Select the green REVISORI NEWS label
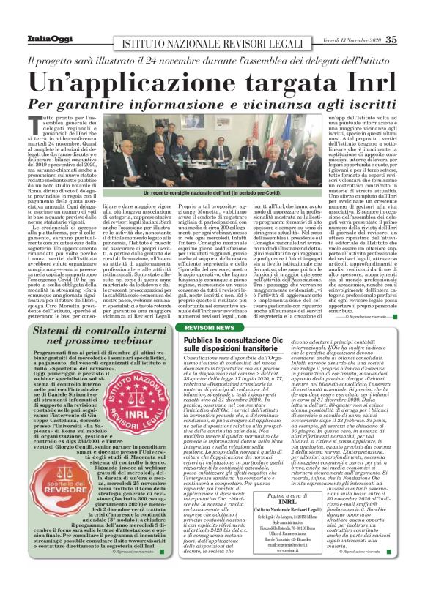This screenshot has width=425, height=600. pyautogui.click(x=216, y=307)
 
